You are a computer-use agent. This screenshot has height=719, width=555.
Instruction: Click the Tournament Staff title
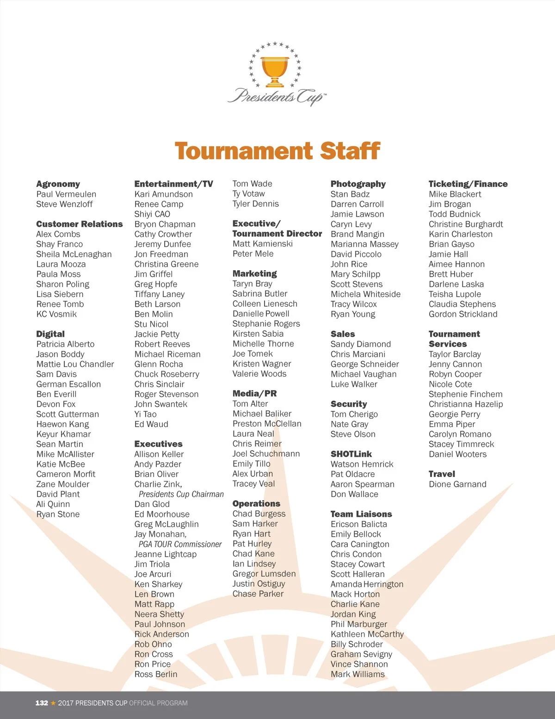tap(277, 151)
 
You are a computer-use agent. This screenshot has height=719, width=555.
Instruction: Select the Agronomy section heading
tap(58, 184)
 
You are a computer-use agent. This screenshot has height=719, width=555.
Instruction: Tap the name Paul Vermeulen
tap(66, 194)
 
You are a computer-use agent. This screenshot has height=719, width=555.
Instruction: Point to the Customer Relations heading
tap(80, 224)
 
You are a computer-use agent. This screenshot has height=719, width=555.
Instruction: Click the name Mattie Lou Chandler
tap(75, 364)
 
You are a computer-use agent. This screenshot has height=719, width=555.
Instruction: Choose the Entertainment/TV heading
tap(173, 184)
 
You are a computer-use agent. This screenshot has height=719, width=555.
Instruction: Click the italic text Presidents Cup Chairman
tap(181, 494)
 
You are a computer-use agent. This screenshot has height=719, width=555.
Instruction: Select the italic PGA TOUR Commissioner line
tap(180, 544)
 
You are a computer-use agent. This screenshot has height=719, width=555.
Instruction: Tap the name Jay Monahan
tap(160, 534)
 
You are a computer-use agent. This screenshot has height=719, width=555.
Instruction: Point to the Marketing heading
tap(254, 273)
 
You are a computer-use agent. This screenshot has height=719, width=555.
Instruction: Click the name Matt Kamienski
tap(262, 244)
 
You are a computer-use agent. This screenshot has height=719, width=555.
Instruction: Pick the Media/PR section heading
tap(254, 394)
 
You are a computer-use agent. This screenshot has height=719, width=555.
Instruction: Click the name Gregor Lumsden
tap(264, 574)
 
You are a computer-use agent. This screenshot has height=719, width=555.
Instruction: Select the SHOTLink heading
tap(351, 454)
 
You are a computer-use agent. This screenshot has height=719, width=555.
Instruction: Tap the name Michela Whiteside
tap(365, 294)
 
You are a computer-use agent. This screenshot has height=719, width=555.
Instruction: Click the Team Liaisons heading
tap(361, 514)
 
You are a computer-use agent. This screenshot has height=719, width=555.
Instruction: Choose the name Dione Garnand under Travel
tap(457, 484)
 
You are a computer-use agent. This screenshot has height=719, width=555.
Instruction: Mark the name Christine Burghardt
tap(466, 224)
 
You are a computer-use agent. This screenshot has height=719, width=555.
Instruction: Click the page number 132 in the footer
tap(42, 703)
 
